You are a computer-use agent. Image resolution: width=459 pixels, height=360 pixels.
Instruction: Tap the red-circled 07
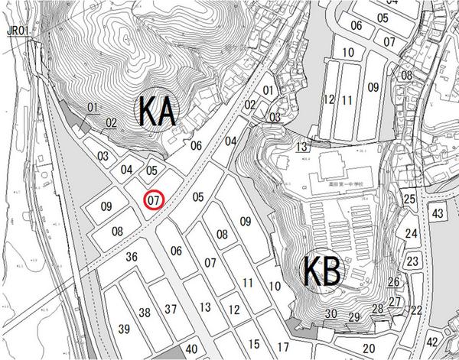(154, 200)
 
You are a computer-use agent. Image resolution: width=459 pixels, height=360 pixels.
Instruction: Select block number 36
(132, 257)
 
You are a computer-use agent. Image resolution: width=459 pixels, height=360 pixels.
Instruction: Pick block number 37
(171, 309)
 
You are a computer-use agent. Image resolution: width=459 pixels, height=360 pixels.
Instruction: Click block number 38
(145, 312)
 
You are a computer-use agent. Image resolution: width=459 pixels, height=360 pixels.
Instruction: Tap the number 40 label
(192, 350)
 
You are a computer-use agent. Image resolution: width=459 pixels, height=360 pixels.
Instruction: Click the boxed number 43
(437, 212)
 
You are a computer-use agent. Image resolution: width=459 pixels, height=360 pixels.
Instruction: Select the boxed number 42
(434, 342)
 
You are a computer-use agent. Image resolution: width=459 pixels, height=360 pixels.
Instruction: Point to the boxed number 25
(410, 199)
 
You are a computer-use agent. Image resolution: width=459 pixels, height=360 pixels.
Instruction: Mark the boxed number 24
(412, 234)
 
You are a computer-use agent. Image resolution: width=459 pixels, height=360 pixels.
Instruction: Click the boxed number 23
(412, 261)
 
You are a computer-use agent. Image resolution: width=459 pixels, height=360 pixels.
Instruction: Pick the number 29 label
(353, 316)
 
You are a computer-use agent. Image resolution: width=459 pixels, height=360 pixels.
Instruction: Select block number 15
(254, 343)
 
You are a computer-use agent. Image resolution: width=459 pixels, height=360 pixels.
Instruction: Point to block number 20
(368, 349)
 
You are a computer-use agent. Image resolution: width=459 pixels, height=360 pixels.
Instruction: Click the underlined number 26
(393, 282)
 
